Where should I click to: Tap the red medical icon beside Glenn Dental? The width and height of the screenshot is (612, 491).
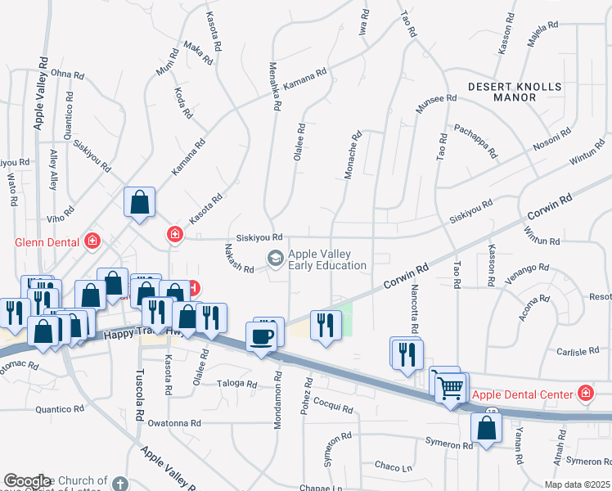92,241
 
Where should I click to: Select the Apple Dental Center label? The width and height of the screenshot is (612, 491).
523,394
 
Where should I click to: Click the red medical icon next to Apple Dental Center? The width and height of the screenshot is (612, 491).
585,394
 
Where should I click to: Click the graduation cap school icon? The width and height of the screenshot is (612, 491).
276,259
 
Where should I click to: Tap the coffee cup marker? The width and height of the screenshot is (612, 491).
263,336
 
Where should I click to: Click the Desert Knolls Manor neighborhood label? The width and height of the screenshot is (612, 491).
515,92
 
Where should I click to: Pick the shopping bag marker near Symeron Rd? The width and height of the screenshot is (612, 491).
487,427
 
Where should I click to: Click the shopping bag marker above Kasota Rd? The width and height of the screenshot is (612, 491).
140,201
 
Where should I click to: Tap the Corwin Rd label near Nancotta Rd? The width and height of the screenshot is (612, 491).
407,277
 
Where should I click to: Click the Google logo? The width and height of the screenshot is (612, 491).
27,481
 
